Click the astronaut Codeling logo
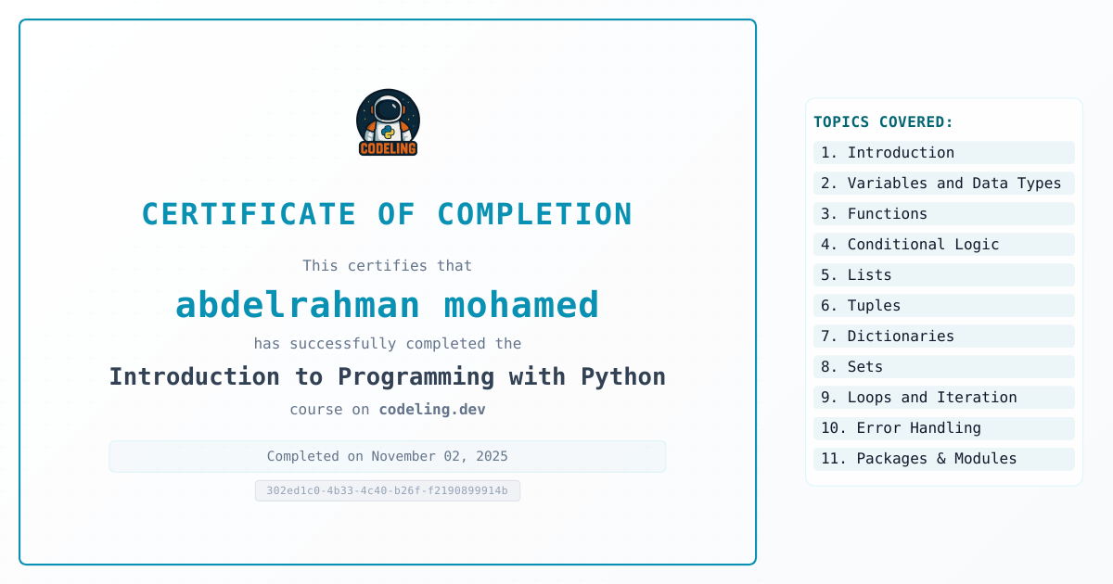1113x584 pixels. (x=388, y=122)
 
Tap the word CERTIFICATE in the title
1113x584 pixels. (x=249, y=214)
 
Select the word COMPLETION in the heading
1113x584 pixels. (x=534, y=214)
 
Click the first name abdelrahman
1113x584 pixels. (x=298, y=304)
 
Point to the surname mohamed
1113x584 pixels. (x=521, y=304)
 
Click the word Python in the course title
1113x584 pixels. (x=623, y=377)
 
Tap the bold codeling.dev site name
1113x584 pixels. (x=432, y=409)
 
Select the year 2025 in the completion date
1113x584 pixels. (x=492, y=456)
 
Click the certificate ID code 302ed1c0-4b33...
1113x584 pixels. (x=387, y=490)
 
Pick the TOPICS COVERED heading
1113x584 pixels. (x=883, y=121)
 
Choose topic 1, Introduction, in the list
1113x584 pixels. (x=943, y=152)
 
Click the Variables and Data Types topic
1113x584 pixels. (x=943, y=184)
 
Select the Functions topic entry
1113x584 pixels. (x=943, y=214)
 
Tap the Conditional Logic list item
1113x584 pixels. (x=943, y=245)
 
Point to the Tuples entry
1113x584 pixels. (x=943, y=305)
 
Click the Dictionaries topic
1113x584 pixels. (x=943, y=336)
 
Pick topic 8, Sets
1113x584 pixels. (x=943, y=367)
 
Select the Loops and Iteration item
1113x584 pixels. (x=943, y=398)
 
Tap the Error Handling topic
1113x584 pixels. (x=943, y=428)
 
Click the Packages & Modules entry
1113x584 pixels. (x=943, y=459)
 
